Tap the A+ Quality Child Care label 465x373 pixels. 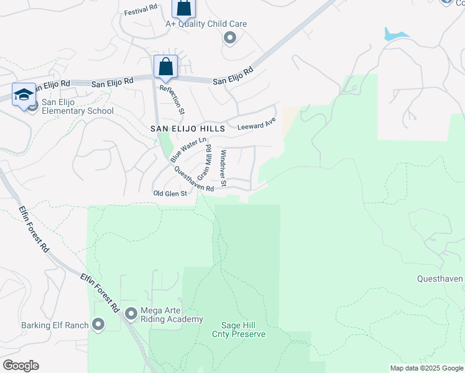pos(206,24)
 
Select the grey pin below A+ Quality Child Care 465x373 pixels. pos(230,39)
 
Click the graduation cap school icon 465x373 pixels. pos(24,95)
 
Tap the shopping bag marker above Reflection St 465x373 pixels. pos(166,67)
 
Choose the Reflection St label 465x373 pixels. pos(172,99)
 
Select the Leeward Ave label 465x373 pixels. pos(257,124)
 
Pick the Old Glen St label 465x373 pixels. pos(170,194)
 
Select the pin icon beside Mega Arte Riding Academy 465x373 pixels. pos(131,314)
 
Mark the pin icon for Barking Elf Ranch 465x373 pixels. pos(98,325)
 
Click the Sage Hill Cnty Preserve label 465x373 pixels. pos(244,329)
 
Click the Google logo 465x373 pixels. pos(21,366)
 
